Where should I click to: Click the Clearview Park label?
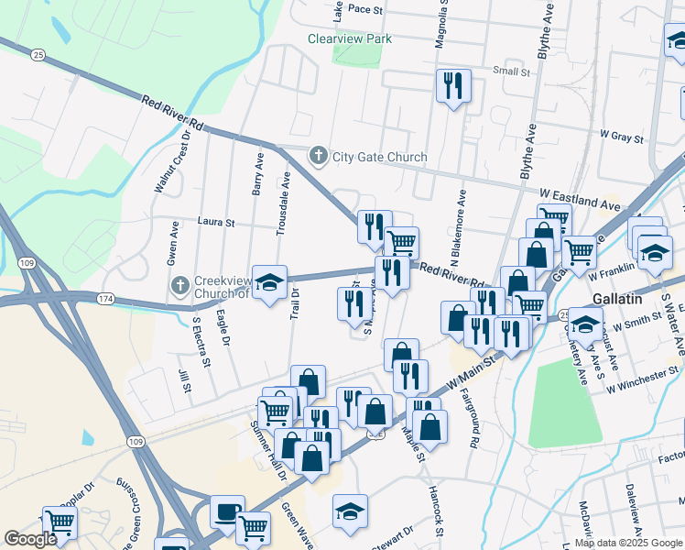point(350,38)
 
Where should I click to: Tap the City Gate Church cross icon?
point(319,157)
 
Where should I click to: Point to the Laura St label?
point(216,222)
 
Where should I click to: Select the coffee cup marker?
point(227,512)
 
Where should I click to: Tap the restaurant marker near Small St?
point(453,86)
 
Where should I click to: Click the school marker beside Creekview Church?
point(269,283)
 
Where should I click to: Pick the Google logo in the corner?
point(31,539)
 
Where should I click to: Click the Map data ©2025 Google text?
point(627,543)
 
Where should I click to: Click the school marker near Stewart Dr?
point(350,511)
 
